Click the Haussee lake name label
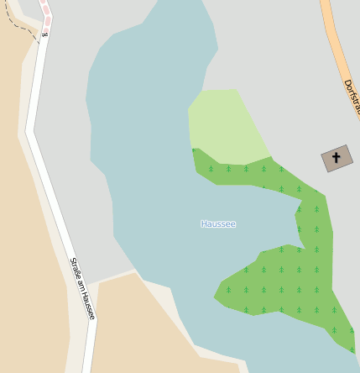point(218,224)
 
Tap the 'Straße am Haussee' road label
point(83,288)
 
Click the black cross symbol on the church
point(337,157)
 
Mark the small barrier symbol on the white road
point(44,34)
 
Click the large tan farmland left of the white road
point(25,252)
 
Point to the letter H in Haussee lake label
point(204,224)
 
